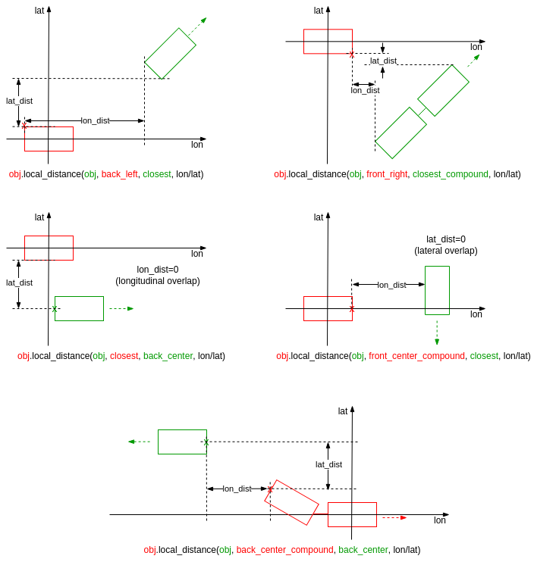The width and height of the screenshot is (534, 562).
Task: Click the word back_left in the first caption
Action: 119,174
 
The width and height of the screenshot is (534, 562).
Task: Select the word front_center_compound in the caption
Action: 416,356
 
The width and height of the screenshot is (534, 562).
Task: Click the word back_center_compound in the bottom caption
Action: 284,550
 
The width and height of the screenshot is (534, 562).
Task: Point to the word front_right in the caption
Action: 387,174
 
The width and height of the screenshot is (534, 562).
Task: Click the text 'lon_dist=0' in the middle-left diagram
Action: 158,270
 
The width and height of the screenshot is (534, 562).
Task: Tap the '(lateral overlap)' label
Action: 446,251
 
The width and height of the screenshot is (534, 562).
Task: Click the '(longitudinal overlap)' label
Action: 158,281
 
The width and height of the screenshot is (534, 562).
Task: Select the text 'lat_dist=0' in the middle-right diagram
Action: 446,239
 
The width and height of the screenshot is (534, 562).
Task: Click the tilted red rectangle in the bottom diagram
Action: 291,502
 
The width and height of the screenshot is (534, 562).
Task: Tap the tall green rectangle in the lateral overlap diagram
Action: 437,290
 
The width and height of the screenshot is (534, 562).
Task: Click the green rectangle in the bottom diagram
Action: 182,442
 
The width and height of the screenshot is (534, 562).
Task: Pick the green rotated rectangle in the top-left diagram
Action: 170,53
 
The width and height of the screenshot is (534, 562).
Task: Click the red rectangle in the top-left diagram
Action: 49,139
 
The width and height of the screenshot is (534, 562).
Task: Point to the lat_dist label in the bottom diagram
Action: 328,464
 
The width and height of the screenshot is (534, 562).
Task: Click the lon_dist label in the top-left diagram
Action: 95,120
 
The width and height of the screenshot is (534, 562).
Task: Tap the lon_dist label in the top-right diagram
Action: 365,90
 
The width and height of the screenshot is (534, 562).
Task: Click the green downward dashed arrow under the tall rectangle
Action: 437,332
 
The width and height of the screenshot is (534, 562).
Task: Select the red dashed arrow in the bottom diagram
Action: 394,517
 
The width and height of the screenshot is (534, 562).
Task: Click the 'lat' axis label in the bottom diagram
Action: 343,411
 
